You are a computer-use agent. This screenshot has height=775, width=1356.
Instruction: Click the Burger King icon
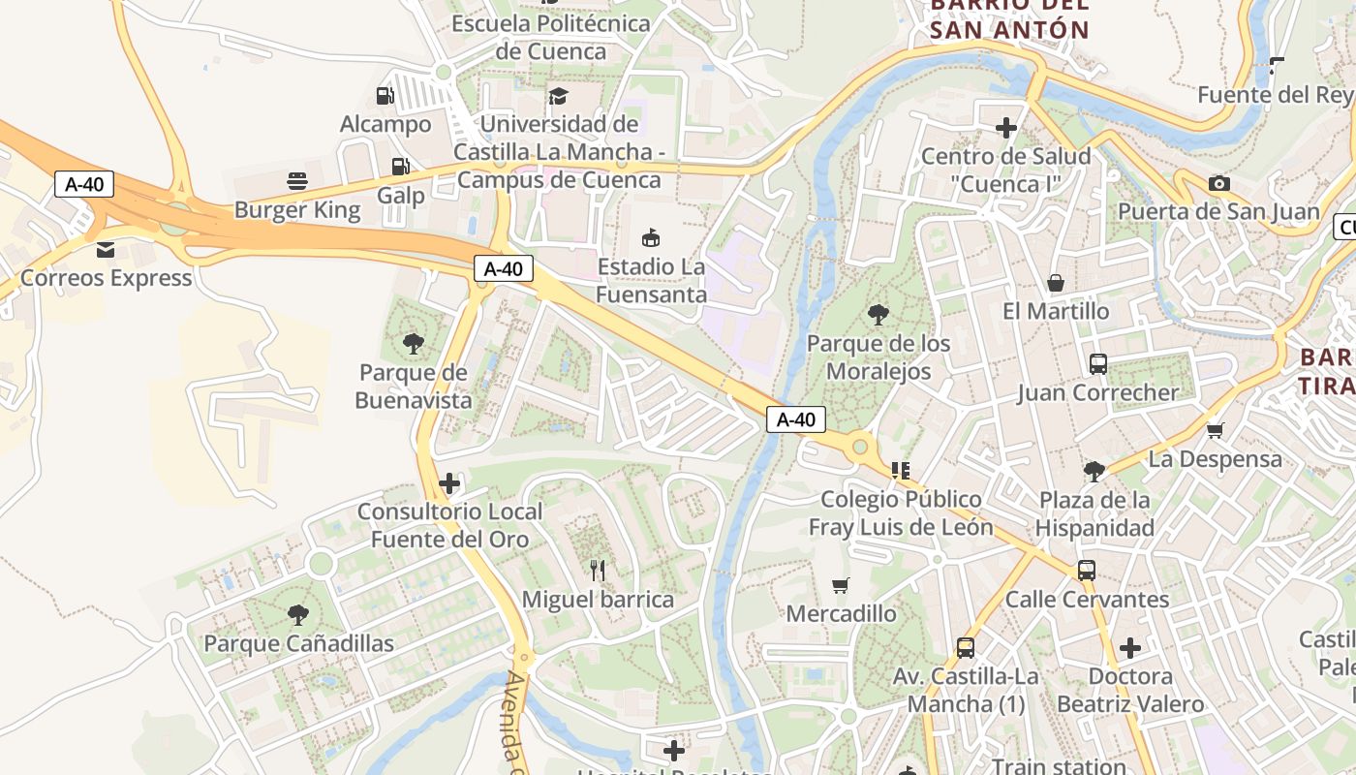coord(297,180)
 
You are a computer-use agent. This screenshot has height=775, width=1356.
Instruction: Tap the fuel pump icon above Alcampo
coord(385,95)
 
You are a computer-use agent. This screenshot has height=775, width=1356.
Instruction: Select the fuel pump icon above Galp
coord(400,167)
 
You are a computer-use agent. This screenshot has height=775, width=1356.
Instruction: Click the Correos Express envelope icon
coord(106,250)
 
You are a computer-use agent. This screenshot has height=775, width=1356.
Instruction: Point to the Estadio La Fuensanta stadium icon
coord(651,237)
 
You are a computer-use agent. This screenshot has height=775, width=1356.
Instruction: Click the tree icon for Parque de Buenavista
coord(414,343)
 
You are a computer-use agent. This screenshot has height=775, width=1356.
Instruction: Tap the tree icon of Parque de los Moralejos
coord(878,314)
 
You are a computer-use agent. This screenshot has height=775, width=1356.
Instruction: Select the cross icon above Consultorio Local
coord(449,482)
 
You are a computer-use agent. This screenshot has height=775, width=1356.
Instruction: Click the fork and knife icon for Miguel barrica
coord(598,571)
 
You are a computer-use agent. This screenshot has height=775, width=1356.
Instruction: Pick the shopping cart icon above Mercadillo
coord(841,585)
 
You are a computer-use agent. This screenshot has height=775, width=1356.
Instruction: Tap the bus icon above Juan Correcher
coord(1098,364)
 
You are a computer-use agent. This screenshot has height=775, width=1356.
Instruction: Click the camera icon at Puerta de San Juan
coord(1219,183)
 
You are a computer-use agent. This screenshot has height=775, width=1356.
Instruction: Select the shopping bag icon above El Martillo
coord(1056,283)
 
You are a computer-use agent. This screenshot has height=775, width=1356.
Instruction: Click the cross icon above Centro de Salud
coord(1006,127)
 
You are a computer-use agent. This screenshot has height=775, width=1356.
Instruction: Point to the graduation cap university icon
coord(558,95)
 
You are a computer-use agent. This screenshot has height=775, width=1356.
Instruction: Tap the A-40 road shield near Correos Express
coord(85,184)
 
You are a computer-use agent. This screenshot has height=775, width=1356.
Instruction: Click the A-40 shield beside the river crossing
coord(796,419)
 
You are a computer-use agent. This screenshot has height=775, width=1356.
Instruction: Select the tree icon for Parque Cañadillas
coord(298,614)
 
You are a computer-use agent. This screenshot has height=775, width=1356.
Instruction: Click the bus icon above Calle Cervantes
coord(1087,571)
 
